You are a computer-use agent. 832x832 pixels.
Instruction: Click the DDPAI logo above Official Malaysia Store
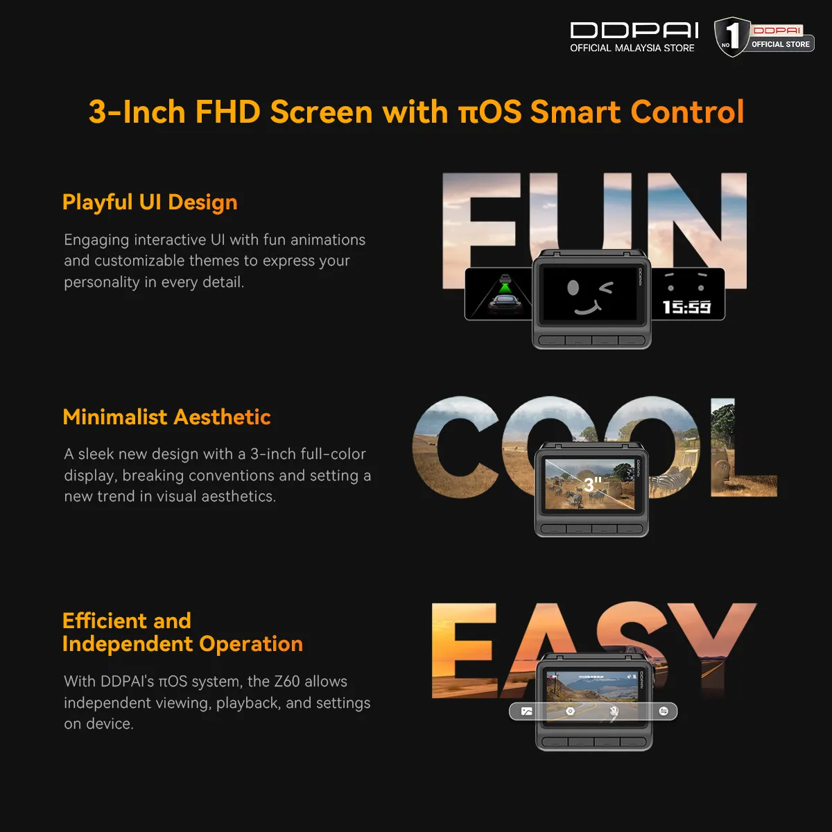[634, 31]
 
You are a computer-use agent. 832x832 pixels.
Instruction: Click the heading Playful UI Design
[150, 202]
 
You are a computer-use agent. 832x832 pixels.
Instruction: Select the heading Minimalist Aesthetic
[166, 417]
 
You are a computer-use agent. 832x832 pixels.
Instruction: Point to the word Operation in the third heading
[251, 645]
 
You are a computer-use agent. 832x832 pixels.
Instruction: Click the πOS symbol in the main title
[490, 112]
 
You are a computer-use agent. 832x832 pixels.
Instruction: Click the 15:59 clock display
[687, 307]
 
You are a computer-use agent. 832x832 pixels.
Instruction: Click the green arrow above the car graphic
[504, 288]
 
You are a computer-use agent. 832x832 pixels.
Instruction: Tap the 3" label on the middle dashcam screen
[592, 485]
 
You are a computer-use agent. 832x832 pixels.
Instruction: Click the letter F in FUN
[479, 231]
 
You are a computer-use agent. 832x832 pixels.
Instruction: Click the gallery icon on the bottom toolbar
[526, 711]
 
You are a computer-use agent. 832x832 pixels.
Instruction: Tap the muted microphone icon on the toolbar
[614, 711]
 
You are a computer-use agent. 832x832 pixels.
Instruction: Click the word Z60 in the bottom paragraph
[286, 682]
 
